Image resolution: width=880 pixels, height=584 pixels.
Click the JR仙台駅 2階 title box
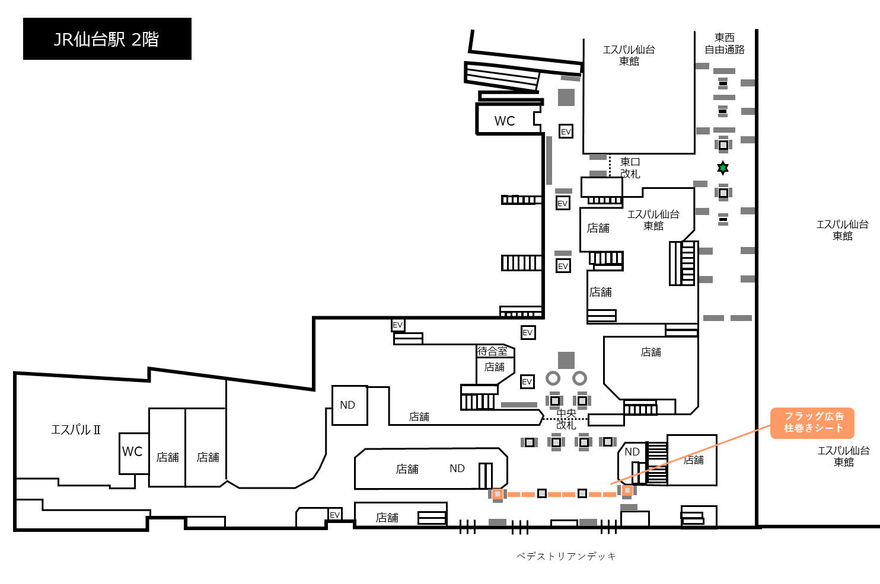(x=107, y=39)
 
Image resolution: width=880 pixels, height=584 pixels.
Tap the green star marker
(x=722, y=168)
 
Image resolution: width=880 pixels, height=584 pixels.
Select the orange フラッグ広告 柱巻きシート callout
(x=812, y=423)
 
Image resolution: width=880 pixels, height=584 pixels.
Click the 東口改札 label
(x=630, y=168)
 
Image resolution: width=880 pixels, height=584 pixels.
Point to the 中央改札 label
(x=566, y=419)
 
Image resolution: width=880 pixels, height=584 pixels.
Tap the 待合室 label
(x=492, y=351)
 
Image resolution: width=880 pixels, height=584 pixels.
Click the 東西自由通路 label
(x=725, y=44)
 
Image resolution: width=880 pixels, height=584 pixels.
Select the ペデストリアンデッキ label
(x=566, y=556)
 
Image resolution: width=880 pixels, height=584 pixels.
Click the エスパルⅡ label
(x=76, y=430)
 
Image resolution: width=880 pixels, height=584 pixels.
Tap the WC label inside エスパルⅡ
(x=132, y=452)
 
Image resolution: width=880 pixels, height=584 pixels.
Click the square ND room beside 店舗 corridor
(x=350, y=406)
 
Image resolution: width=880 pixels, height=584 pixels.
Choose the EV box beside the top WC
(x=566, y=131)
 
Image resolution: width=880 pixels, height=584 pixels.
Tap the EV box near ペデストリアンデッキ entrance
(x=334, y=515)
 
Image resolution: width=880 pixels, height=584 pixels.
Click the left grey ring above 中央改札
(x=553, y=378)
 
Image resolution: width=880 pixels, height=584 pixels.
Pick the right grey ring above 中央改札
(x=579, y=378)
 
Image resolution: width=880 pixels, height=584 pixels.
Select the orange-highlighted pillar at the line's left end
(x=498, y=494)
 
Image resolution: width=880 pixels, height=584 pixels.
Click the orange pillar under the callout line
(x=627, y=490)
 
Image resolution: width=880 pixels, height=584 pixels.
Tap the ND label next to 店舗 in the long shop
(x=457, y=469)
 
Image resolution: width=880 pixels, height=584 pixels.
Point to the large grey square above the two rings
(x=566, y=360)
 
